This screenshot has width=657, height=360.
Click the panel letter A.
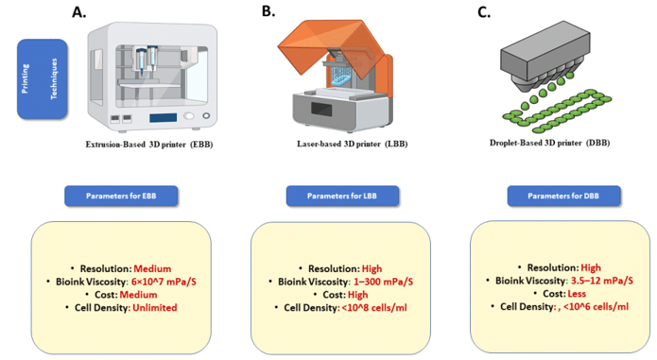(78, 12)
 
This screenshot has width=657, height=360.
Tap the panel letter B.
(268, 11)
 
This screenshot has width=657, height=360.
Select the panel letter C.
(484, 12)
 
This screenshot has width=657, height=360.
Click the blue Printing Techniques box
(42, 79)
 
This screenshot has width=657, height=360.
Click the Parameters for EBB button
(121, 196)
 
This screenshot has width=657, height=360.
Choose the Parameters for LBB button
(342, 196)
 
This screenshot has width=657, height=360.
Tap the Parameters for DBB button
(563, 196)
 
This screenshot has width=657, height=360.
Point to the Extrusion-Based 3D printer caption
(149, 145)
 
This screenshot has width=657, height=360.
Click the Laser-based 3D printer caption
(353, 144)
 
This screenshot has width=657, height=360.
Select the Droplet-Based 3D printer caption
(550, 143)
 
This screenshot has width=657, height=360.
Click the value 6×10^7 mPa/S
(164, 282)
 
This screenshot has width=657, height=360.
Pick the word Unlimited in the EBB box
(155, 308)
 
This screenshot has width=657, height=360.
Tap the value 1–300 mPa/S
(383, 282)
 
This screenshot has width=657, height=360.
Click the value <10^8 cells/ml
(374, 308)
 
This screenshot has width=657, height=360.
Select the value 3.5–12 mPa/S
(601, 281)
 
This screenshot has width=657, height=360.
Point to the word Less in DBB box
(577, 294)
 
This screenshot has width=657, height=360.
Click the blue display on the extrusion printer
(163, 118)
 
